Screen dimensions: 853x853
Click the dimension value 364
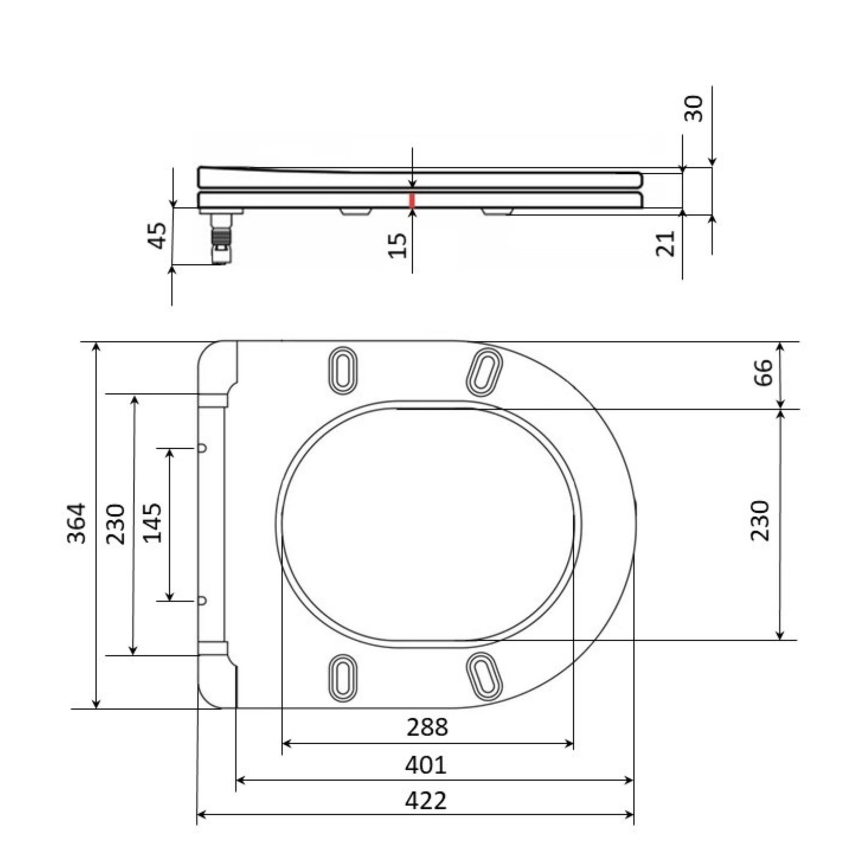pyautogui.click(x=77, y=523)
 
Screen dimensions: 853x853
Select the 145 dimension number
pyautogui.click(x=154, y=523)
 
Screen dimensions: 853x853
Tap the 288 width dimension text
pyautogui.click(x=428, y=727)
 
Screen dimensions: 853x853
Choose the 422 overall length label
pyautogui.click(x=425, y=801)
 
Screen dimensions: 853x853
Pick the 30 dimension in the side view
pyautogui.click(x=694, y=109)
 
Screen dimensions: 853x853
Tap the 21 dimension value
pyautogui.click(x=665, y=243)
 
